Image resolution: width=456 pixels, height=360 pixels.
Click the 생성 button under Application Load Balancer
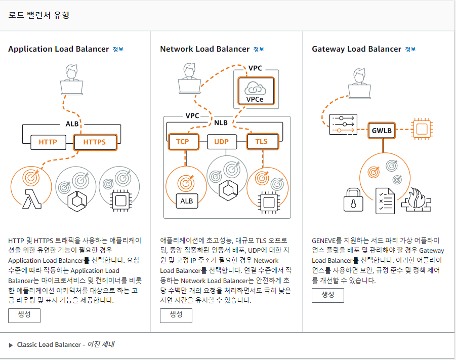(x=24, y=315)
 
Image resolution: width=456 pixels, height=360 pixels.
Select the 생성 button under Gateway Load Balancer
(x=328, y=295)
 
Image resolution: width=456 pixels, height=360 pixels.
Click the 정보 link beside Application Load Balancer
(x=118, y=50)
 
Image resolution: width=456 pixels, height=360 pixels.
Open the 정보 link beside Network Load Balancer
(x=259, y=50)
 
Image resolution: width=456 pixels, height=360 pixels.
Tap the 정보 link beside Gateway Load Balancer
(x=410, y=50)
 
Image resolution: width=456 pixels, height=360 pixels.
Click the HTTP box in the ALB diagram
(x=48, y=142)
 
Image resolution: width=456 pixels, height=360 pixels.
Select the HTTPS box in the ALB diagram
(x=95, y=142)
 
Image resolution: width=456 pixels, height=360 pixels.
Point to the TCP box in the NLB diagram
(x=182, y=141)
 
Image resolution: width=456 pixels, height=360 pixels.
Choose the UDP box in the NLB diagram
(x=222, y=141)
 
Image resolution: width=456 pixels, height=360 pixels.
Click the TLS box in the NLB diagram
(x=261, y=141)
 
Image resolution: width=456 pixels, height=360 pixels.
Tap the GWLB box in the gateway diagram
(x=382, y=130)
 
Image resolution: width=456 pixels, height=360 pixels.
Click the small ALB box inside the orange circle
(x=187, y=201)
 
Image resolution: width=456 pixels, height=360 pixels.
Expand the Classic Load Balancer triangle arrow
(x=11, y=345)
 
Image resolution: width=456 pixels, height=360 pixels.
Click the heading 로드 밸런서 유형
(x=39, y=15)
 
